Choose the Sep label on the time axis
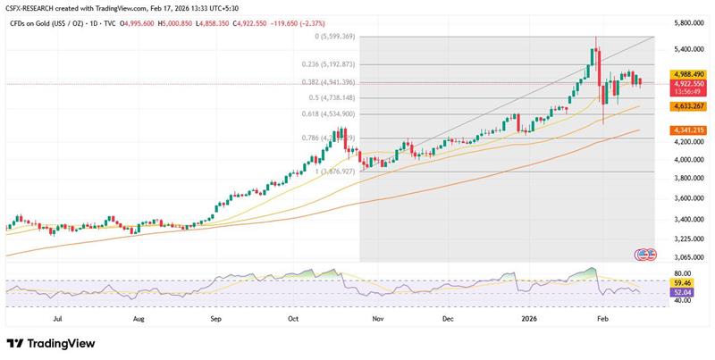click(x=215, y=317)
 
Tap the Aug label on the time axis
click(x=139, y=317)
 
